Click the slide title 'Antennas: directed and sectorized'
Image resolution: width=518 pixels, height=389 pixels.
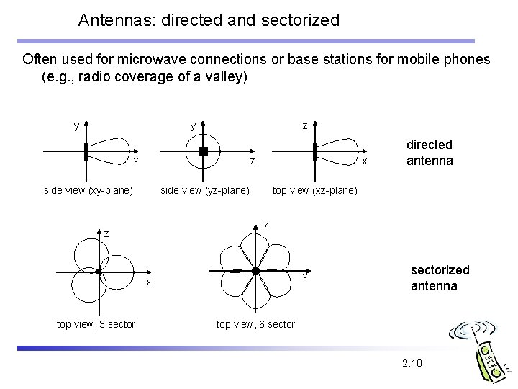tap(209, 19)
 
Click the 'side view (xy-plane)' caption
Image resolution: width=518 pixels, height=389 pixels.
tap(88, 191)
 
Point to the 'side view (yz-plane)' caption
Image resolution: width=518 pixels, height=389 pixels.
tap(204, 191)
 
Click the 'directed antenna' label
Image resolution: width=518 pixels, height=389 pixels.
tap(430, 153)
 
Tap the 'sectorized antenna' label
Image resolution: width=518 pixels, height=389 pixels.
tap(440, 277)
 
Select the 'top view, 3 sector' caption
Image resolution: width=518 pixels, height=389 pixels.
tap(96, 324)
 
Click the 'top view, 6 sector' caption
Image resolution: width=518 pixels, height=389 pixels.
tap(255, 324)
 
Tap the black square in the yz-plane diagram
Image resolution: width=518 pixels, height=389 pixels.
tap(203, 151)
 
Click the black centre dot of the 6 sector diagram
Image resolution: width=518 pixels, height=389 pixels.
tap(255, 270)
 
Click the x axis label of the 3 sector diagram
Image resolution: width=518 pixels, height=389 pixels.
tap(149, 282)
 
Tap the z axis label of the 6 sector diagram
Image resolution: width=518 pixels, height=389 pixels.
tap(266, 225)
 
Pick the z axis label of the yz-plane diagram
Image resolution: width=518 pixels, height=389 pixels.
tap(252, 161)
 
